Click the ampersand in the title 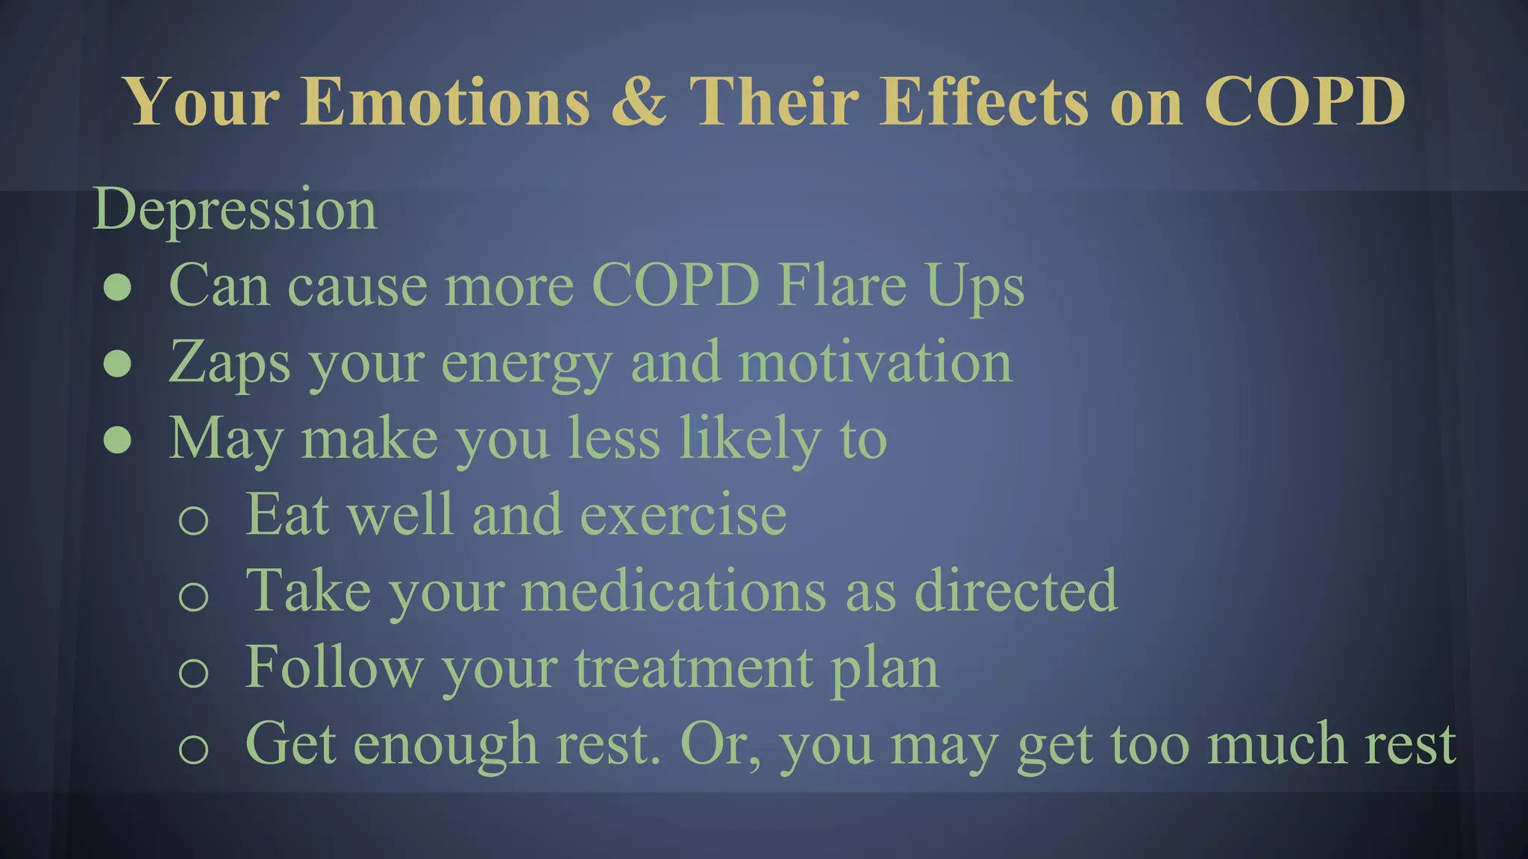(x=639, y=101)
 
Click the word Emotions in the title (x=445, y=101)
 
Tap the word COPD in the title (x=1305, y=101)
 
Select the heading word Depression (x=235, y=210)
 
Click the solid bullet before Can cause (x=118, y=287)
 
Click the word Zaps (x=230, y=363)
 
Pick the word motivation (x=875, y=362)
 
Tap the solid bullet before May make (x=118, y=440)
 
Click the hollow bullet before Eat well (x=193, y=519)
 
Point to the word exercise (x=683, y=515)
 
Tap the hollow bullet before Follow (x=193, y=672)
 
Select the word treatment (x=694, y=668)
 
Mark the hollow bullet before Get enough (x=193, y=748)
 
